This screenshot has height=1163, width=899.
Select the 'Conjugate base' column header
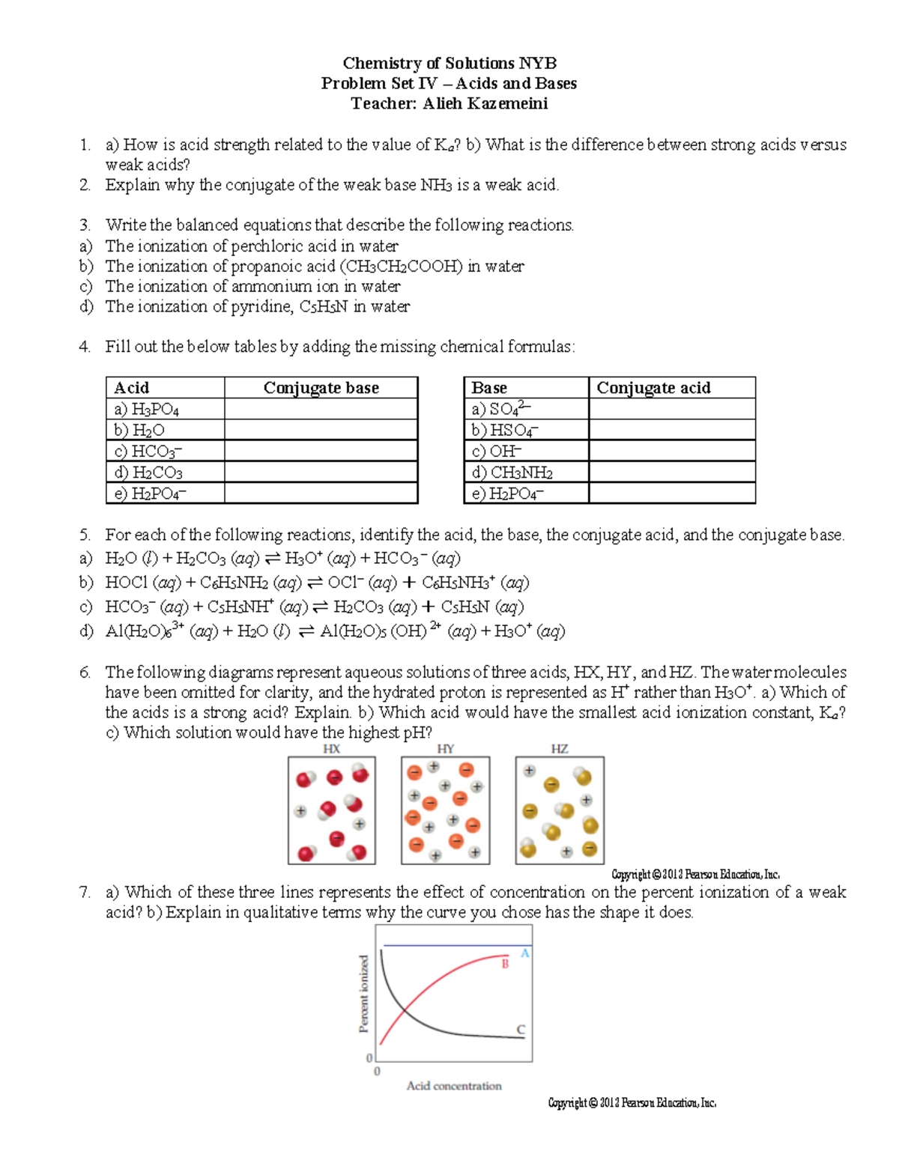pos(321,388)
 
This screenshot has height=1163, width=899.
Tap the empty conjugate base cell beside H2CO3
pos(321,472)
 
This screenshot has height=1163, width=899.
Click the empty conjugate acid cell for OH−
pos(671,451)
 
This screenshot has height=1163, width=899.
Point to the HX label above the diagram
pos(331,749)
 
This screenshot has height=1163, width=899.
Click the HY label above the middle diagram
pos(445,749)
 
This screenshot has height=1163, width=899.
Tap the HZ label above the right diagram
pos(559,749)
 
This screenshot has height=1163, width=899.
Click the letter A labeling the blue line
pos(525,953)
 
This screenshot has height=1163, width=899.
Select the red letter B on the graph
pos(505,965)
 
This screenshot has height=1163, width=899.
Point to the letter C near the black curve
pos(521,1030)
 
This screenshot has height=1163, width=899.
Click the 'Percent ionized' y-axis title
pos(364,994)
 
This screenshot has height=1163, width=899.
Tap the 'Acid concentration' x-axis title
pos(454,1086)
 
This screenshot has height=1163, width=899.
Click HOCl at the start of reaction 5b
pos(126,583)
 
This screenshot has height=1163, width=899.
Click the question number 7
pos(85,892)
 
